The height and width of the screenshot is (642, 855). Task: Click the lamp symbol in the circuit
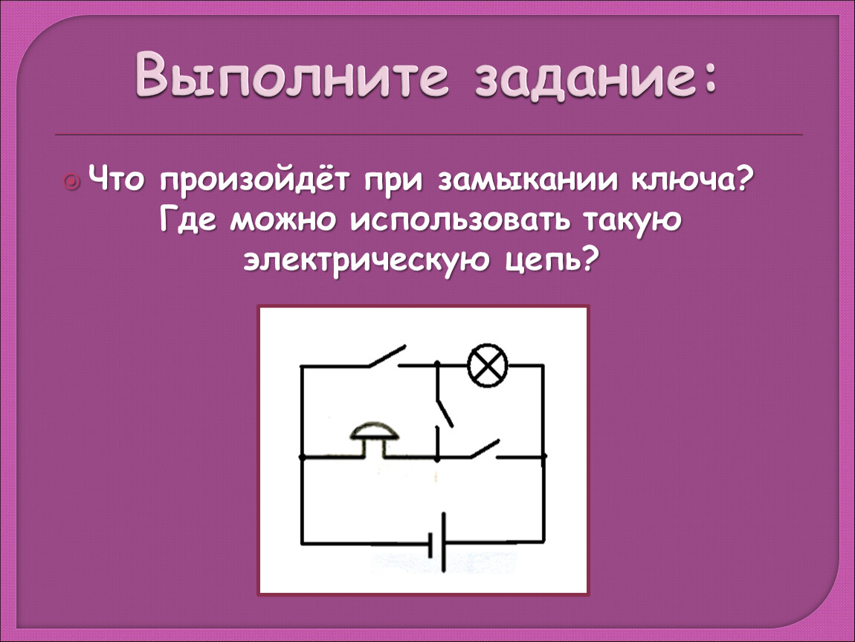click(488, 365)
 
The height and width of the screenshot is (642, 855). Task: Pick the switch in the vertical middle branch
click(444, 412)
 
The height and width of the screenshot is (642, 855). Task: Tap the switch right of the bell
click(485, 449)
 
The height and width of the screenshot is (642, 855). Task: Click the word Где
click(189, 222)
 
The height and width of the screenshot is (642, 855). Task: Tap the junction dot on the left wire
click(302, 457)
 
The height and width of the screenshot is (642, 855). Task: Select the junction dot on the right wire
click(543, 456)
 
